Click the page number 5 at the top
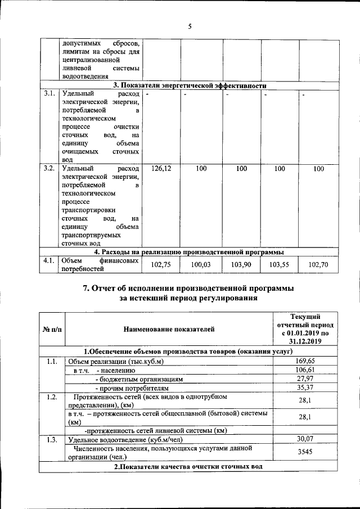point(190,26)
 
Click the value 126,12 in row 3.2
point(162,169)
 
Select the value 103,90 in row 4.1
point(241,264)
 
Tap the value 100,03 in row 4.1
point(201,264)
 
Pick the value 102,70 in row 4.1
point(319,264)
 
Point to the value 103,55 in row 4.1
point(280,264)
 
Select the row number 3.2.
point(49,169)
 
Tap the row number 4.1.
point(49,260)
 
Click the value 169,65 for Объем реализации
point(304,361)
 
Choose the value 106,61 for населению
point(304,370)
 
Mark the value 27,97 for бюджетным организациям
point(304,379)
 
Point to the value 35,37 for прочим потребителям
point(304,388)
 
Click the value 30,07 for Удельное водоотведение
point(304,440)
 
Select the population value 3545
point(304,452)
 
